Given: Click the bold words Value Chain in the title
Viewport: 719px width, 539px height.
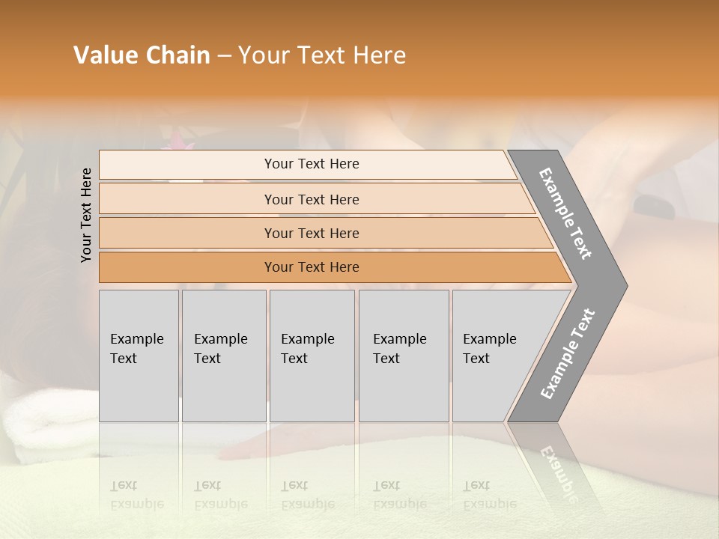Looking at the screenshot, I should coord(142,55).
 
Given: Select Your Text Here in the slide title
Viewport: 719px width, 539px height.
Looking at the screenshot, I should coord(322,55).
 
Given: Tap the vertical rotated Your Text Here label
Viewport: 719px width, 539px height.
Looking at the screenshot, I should coord(86,215).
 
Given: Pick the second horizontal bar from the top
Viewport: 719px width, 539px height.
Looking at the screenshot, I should coord(311,199).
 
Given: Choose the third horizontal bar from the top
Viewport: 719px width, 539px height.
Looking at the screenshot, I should coord(311,234).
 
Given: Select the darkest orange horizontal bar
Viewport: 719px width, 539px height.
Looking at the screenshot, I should coord(311,267).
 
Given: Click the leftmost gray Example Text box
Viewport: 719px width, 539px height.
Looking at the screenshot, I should coord(139,356).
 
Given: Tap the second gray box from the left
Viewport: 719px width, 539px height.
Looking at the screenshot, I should coord(223,356).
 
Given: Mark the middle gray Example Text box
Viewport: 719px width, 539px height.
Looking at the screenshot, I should coord(312,356).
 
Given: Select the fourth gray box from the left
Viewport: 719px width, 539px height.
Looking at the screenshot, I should coord(403,356).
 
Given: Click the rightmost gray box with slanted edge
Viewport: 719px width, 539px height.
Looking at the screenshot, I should coord(494,356).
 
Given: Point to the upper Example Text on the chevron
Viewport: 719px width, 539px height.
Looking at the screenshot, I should coord(565,213).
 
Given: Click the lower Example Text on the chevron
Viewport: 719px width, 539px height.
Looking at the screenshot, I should coord(568,353).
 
